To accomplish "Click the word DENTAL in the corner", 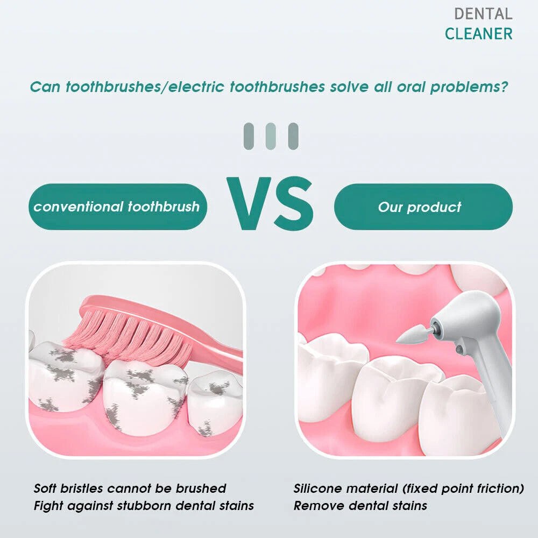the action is (x=483, y=14).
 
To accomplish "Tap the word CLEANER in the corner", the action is (x=479, y=33).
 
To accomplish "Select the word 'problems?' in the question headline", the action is (x=469, y=87).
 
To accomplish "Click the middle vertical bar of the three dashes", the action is (x=271, y=136).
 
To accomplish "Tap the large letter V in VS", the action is (x=249, y=203).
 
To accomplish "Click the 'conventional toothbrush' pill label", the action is (x=118, y=207).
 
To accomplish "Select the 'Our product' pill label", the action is (x=423, y=207).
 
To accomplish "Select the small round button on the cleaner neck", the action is (x=459, y=350).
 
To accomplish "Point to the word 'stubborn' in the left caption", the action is (x=144, y=505).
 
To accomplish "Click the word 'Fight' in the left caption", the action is (x=47, y=506).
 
